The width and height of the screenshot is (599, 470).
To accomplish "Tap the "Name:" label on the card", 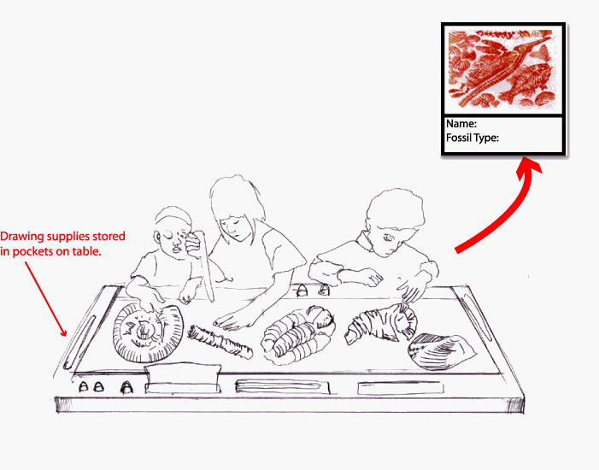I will point(461,125).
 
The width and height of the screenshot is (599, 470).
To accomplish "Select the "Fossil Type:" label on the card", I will point(473,137).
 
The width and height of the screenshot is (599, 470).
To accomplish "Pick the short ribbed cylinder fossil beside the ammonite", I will point(220,340).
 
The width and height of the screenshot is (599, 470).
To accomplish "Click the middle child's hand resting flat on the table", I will point(229,320).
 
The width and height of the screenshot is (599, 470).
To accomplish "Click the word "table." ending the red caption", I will point(88,252).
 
